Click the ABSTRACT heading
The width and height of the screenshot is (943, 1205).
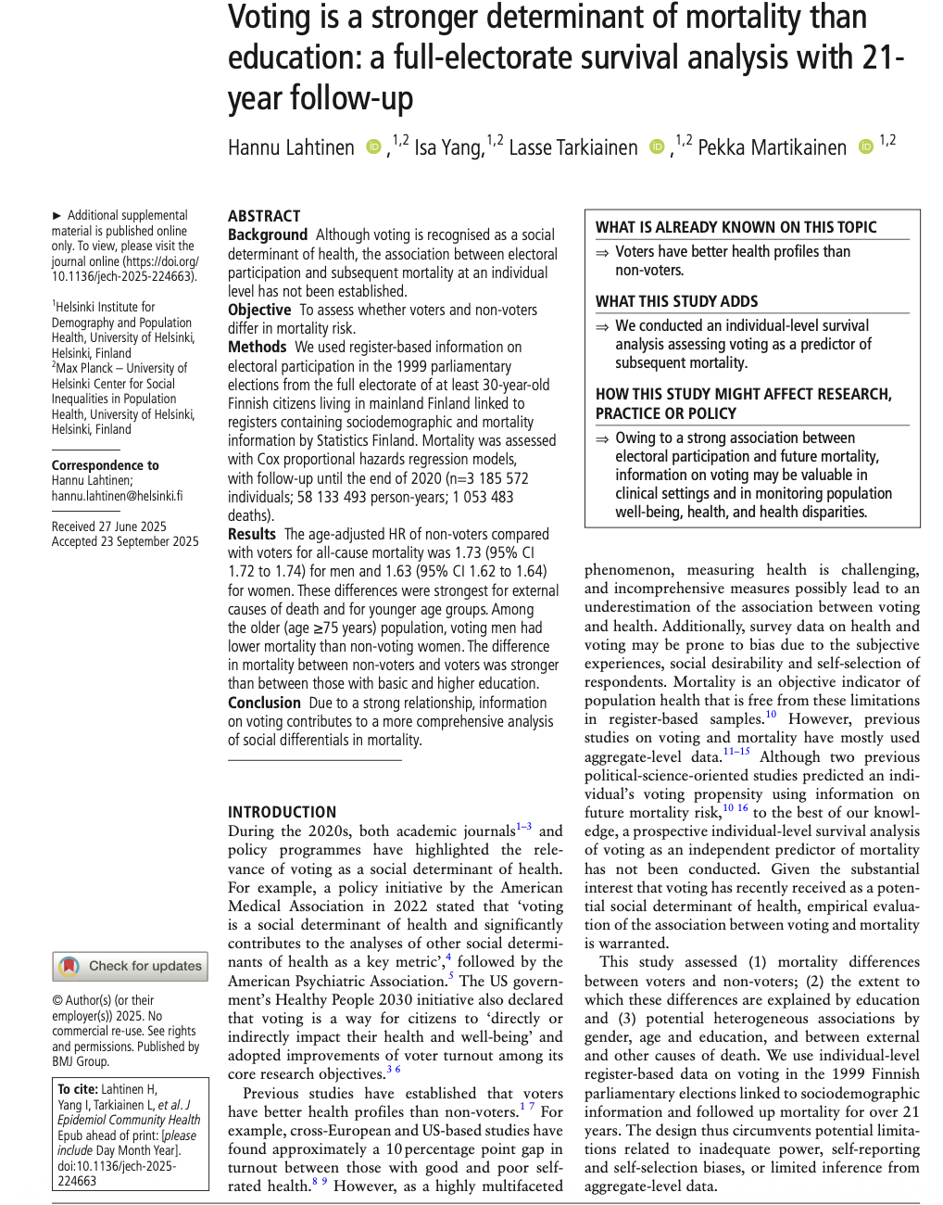264,216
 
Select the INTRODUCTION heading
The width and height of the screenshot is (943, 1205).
283,812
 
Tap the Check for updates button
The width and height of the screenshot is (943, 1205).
131,966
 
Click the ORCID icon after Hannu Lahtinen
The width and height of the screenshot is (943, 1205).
373,147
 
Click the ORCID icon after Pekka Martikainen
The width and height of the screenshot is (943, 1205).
865,147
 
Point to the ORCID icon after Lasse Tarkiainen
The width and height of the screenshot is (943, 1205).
657,147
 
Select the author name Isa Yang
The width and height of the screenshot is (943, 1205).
448,148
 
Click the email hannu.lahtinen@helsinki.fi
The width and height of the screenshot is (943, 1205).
117,496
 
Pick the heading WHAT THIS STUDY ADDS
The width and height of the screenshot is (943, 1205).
676,301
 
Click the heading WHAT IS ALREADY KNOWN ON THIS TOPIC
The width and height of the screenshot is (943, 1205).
736,227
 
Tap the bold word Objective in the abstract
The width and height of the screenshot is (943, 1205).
259,310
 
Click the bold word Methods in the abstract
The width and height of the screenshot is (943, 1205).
258,347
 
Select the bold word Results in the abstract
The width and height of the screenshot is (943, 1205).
252,534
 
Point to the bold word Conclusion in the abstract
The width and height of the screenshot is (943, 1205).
264,703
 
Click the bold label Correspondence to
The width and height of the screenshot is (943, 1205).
105,465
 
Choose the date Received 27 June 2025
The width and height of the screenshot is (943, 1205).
109,526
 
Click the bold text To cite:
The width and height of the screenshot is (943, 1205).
77,1089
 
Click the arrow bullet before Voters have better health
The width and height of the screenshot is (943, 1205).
602,252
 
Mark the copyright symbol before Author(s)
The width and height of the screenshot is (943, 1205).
57,1000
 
